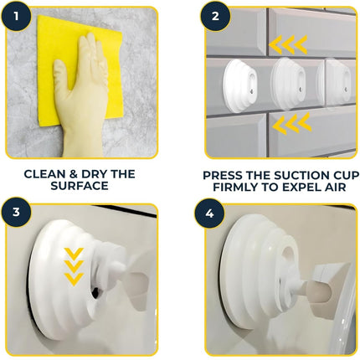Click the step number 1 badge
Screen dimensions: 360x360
pyautogui.click(x=16, y=16)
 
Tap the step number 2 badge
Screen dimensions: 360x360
pyautogui.click(x=215, y=16)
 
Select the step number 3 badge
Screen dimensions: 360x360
pyautogui.click(x=16, y=212)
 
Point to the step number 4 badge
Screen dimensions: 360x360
pyautogui.click(x=209, y=213)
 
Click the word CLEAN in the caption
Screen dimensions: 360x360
pyautogui.click(x=44, y=174)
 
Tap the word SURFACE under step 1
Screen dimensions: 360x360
pyautogui.click(x=80, y=186)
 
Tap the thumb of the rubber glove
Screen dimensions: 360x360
pyautogui.click(x=62, y=74)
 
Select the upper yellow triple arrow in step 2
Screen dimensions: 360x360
pyautogui.click(x=288, y=44)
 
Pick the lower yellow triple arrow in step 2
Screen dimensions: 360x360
pyautogui.click(x=292, y=123)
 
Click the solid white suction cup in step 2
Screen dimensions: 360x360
pyautogui.click(x=240, y=86)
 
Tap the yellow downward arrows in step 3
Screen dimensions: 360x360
pyautogui.click(x=74, y=266)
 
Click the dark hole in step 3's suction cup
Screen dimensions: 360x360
pyautogui.click(x=95, y=291)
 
